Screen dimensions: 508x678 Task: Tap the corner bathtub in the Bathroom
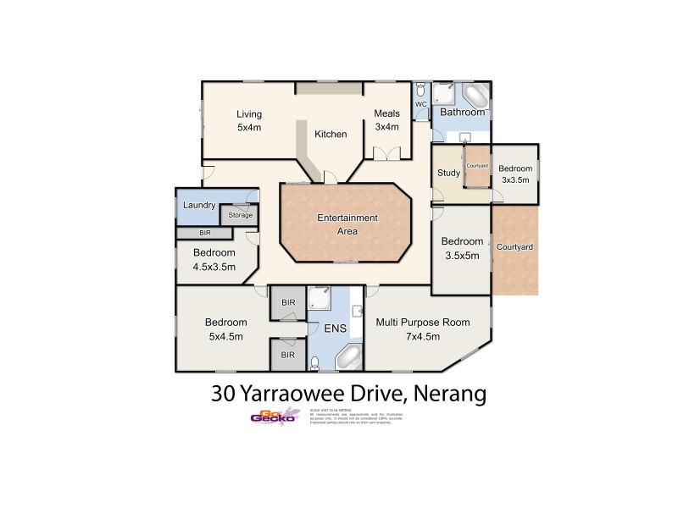pyautogui.click(x=475, y=94)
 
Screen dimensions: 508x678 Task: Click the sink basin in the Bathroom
pyautogui.click(x=464, y=136)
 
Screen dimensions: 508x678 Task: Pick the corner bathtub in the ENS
pyautogui.click(x=348, y=359)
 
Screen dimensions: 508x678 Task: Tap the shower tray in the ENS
pyautogui.click(x=320, y=297)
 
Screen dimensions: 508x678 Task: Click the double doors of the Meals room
pyautogui.click(x=386, y=153)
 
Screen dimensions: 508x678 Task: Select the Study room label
pyautogui.click(x=448, y=174)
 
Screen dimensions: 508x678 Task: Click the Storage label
pyautogui.click(x=241, y=215)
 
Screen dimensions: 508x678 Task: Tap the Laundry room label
pyautogui.click(x=199, y=205)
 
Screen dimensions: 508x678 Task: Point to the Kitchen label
pyautogui.click(x=331, y=135)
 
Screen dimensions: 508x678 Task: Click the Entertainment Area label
pyautogui.click(x=347, y=224)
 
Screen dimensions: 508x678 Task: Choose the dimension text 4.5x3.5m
pyautogui.click(x=214, y=267)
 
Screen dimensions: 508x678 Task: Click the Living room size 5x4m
pyautogui.click(x=249, y=128)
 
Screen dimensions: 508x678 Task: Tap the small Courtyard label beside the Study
pyautogui.click(x=477, y=166)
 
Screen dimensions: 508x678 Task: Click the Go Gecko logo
pyautogui.click(x=273, y=416)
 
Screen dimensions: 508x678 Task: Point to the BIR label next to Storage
pyautogui.click(x=204, y=232)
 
